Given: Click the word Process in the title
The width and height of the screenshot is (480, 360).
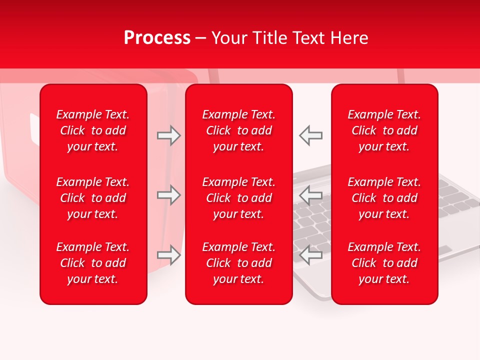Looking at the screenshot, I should click(x=157, y=38).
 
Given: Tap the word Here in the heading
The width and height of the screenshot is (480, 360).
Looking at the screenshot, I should click(x=349, y=38).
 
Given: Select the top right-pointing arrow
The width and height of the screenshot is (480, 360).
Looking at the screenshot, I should click(x=168, y=135).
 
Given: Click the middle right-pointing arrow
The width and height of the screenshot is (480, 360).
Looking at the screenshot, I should click(x=168, y=195).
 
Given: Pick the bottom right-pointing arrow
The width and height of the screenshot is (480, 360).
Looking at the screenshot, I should click(x=168, y=255).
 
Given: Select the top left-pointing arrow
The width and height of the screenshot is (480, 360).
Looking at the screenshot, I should click(x=311, y=135).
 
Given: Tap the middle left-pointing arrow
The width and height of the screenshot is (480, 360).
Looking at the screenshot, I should click(x=311, y=195).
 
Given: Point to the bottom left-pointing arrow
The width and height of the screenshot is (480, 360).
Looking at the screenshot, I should click(x=311, y=255).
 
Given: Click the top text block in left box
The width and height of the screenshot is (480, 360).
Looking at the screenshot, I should click(x=93, y=130).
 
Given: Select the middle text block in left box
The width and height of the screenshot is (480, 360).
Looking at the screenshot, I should click(x=93, y=198).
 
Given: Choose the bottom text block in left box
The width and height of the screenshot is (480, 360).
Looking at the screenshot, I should click(x=93, y=263).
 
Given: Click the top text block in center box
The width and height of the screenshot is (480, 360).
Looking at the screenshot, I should click(x=239, y=130).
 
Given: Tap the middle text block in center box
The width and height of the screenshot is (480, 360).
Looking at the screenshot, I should click(x=239, y=198).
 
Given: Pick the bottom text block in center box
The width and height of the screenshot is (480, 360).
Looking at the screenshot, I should click(x=239, y=263).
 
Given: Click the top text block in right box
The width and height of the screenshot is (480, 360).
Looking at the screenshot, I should click(x=384, y=130).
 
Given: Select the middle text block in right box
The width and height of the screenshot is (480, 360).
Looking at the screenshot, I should click(x=384, y=198).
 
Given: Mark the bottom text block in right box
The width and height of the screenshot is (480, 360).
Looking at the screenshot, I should click(x=384, y=263).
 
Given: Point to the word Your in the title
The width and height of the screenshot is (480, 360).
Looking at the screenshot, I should click(x=229, y=38).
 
